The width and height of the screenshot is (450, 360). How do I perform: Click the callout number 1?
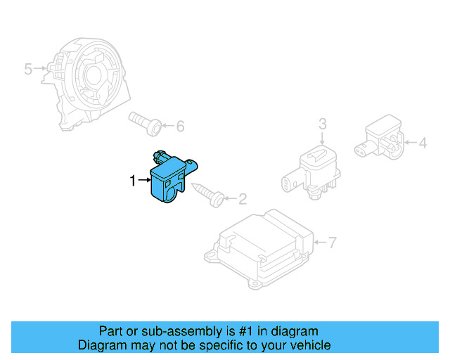pos(133,181)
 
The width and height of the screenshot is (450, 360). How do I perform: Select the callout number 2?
pos(243,200)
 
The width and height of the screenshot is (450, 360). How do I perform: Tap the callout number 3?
pos(323,124)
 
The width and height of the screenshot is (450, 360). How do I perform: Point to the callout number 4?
pos(423,143)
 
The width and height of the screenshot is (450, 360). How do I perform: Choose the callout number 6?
pos(180,127)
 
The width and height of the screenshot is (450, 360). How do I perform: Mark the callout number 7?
pos(333,243)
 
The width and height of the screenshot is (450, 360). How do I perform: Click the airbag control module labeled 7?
pos(260,246)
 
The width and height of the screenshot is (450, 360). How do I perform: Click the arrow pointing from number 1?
pos(145,181)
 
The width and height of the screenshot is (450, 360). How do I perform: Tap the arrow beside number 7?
pos(319,243)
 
